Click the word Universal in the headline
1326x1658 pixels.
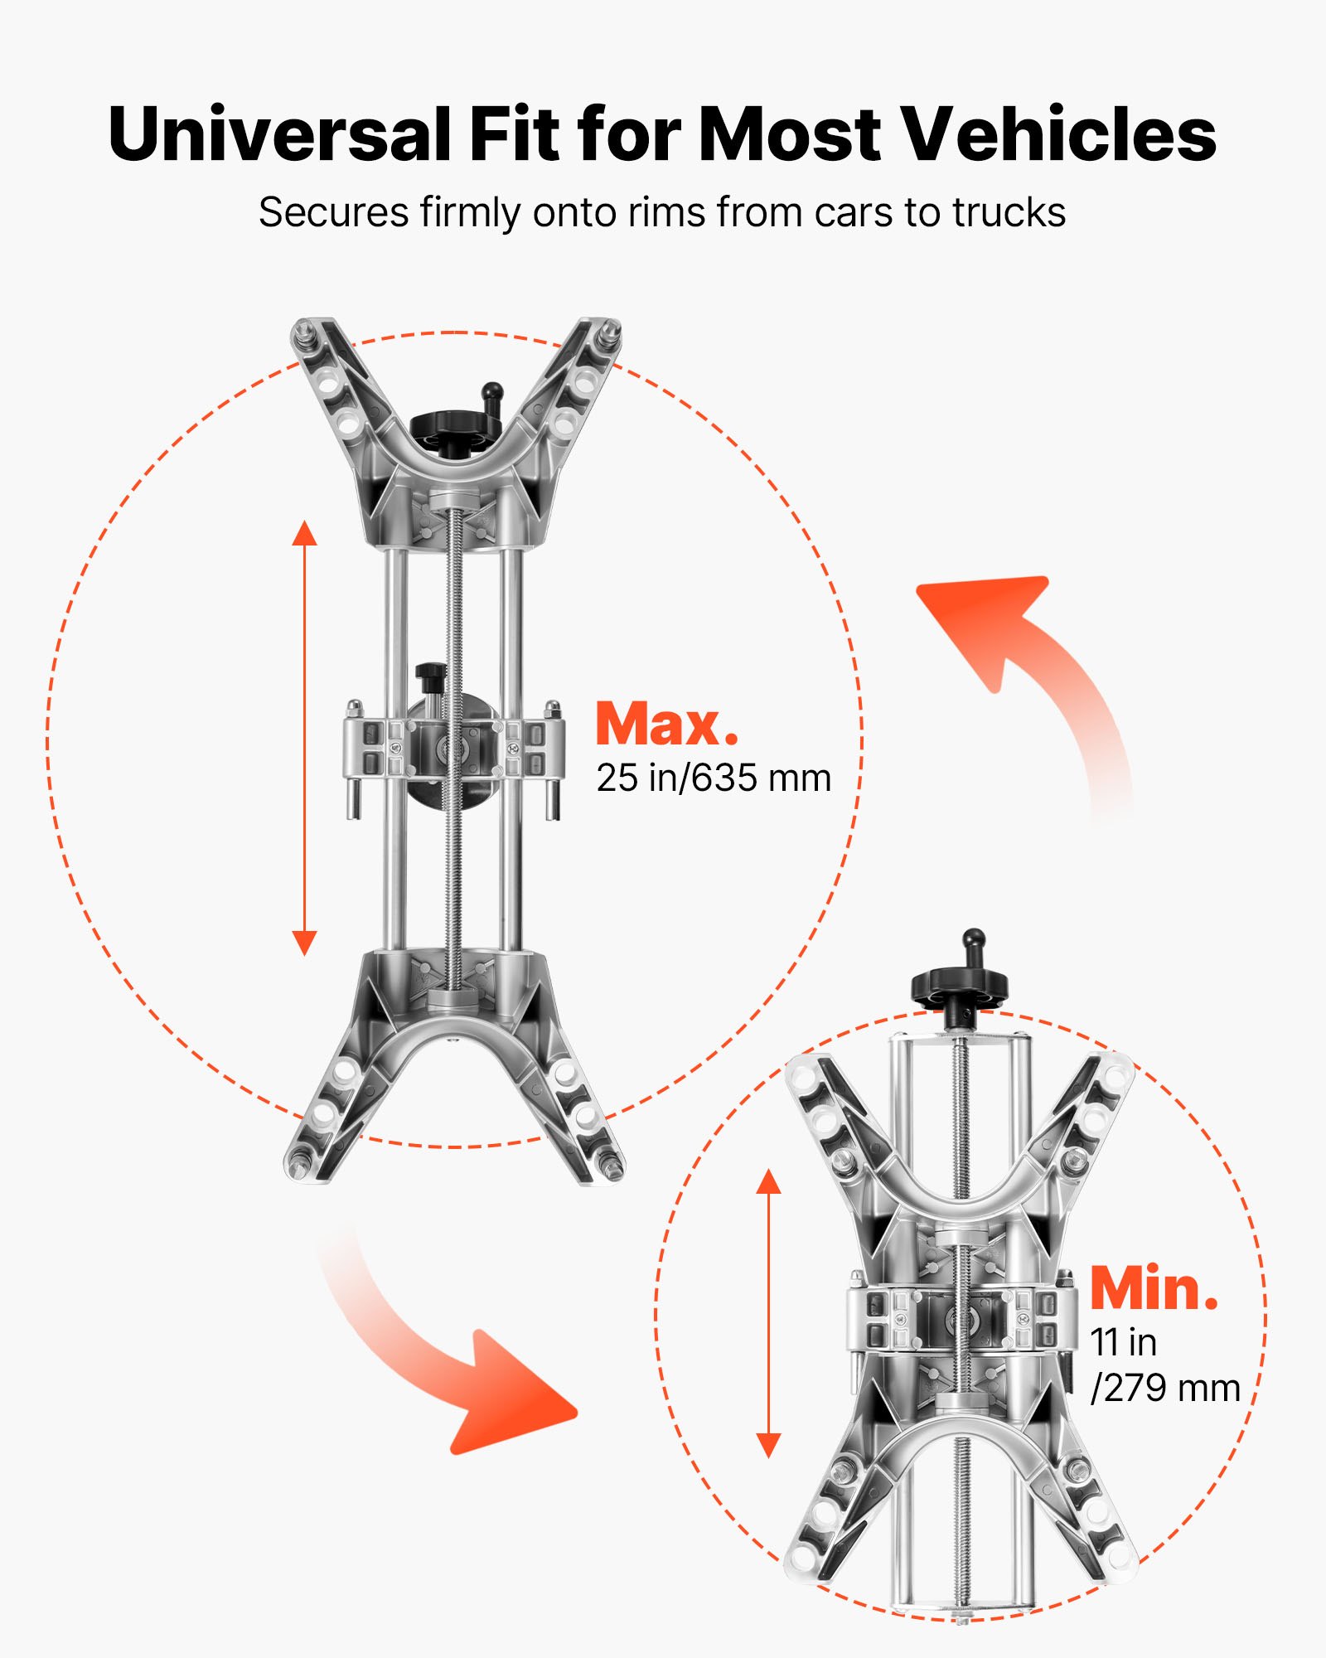tap(281, 133)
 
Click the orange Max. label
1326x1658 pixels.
tap(666, 725)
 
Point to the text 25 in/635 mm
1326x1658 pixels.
tap(714, 778)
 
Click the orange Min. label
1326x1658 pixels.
tap(1154, 1288)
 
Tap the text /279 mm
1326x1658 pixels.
tap(1165, 1389)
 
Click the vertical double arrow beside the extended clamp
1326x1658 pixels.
tap(305, 738)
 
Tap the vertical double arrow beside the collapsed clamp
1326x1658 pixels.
tap(769, 1314)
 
